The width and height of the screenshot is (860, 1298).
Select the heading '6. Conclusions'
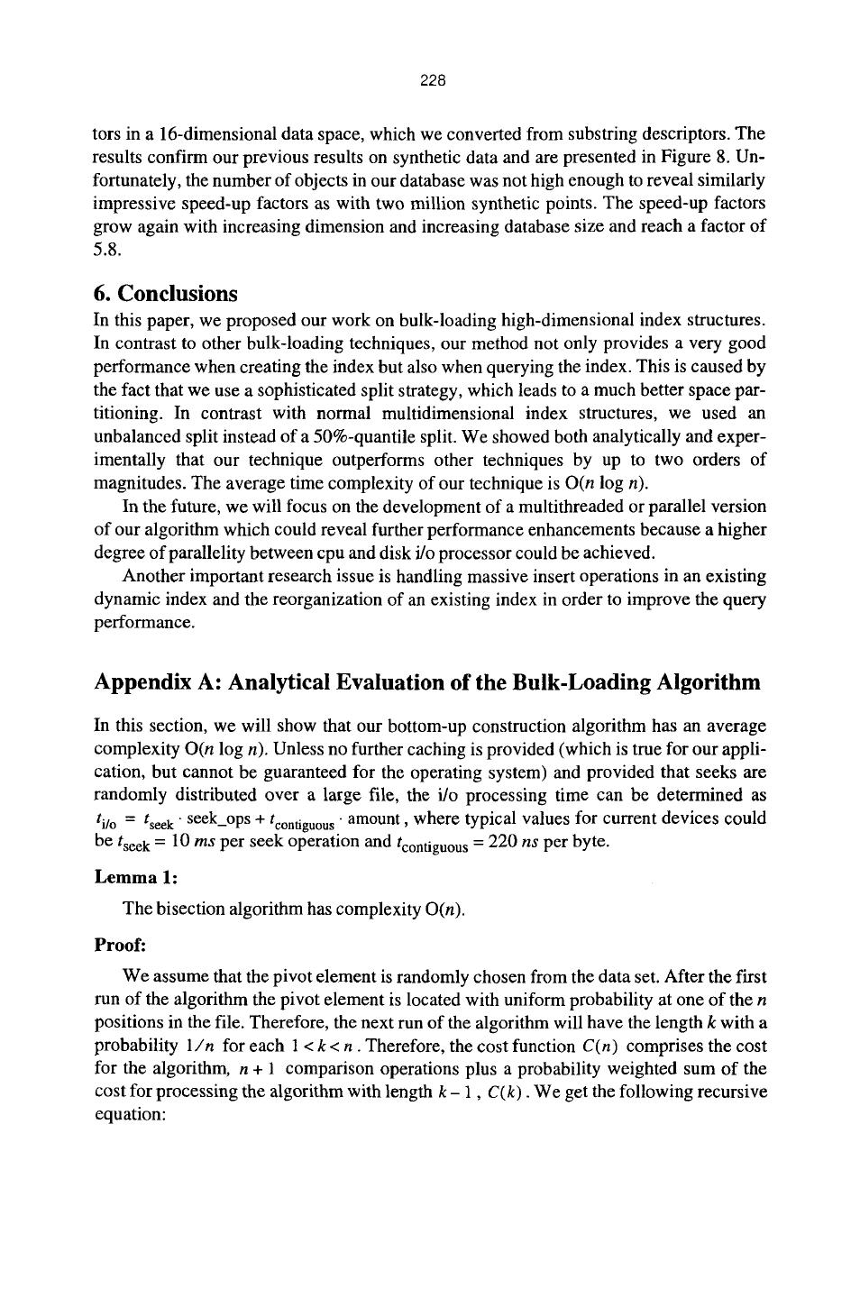pos(166,294)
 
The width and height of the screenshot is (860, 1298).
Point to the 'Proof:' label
pos(119,946)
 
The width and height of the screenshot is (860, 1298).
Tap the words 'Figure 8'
pos(717,158)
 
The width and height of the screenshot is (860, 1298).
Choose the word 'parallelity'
pos(202,553)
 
